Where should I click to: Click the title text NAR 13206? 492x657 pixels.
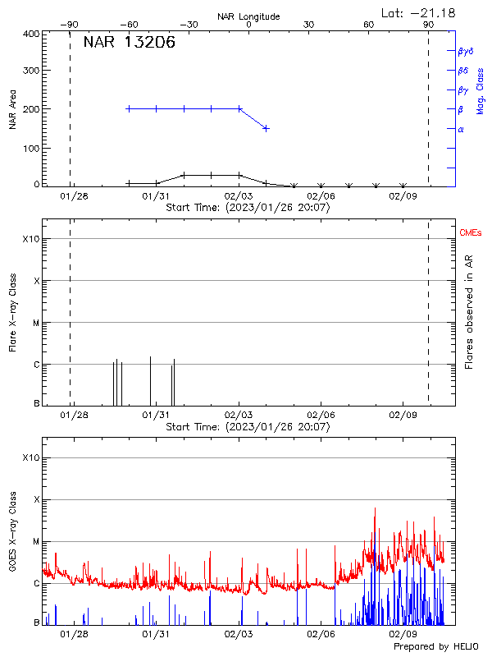130,44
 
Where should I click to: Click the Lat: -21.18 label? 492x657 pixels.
419,12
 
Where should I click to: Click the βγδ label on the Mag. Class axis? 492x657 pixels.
466,51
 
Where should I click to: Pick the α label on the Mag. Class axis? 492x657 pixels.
461,129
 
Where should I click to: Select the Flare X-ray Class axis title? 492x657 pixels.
13,312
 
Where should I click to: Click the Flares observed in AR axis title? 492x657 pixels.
469,312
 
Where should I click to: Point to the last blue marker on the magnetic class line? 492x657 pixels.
266,128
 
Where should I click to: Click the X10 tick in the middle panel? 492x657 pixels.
30,239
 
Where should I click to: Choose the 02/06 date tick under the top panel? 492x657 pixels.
321,196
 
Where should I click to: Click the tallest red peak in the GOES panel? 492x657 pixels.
375,509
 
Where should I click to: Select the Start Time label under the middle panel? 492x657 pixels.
248,427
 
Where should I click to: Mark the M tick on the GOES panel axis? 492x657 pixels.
36,542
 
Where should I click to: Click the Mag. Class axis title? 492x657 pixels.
480,90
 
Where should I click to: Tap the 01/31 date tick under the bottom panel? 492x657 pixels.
156,634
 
